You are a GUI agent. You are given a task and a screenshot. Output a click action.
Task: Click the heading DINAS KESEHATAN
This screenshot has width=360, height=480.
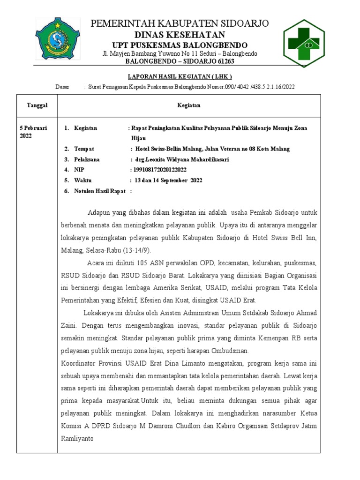[x=180, y=35]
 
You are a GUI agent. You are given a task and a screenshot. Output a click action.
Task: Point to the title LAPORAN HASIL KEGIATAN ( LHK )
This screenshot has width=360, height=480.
[x=180, y=77]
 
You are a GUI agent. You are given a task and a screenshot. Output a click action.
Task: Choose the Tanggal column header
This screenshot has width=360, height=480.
[x=37, y=105]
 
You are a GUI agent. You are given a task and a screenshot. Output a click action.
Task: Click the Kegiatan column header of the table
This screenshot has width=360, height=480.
[x=188, y=105]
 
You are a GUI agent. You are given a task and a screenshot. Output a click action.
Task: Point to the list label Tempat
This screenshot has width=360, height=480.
[x=84, y=149]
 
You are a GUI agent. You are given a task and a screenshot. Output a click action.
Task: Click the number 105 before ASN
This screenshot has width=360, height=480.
[x=142, y=262]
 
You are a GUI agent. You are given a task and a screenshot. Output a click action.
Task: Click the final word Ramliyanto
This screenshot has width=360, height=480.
[x=77, y=439]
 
